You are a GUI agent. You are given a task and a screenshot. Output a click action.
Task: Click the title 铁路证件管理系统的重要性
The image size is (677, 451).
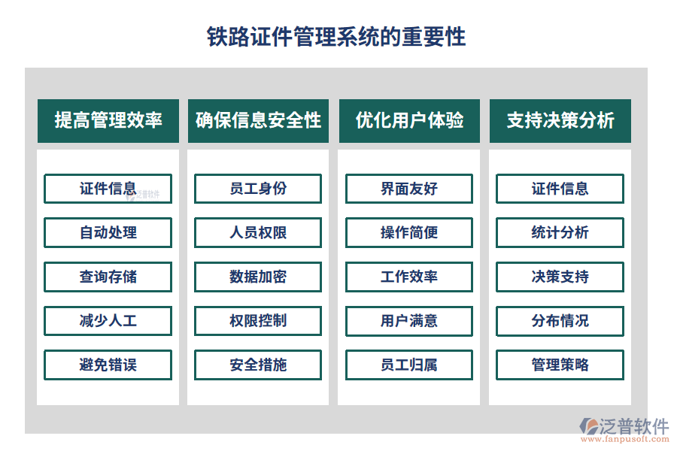tap(336, 37)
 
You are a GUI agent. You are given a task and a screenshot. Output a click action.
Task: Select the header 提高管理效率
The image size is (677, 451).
tap(108, 120)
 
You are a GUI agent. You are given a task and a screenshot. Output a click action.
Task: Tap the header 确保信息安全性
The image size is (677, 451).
tap(258, 120)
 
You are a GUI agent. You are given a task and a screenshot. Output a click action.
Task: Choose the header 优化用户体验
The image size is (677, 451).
tap(409, 120)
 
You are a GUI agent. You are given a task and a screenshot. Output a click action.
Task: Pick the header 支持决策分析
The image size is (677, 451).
tap(560, 120)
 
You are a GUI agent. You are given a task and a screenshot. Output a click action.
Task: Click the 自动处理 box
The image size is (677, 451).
tap(108, 233)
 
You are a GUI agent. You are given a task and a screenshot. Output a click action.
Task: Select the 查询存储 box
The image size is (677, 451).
tap(108, 277)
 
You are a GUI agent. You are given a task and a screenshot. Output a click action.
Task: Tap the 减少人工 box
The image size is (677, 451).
tap(108, 321)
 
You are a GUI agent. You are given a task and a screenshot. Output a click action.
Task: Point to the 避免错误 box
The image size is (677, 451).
tap(108, 365)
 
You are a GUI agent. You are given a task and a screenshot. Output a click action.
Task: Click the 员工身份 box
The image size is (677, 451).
tap(258, 189)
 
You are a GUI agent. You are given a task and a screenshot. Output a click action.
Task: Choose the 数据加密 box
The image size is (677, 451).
tap(258, 277)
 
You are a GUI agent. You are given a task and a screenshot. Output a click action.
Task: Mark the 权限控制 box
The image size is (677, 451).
tap(258, 321)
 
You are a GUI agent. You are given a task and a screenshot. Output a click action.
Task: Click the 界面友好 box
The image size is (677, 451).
tap(409, 189)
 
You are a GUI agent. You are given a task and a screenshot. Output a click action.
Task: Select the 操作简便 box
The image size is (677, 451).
tap(409, 233)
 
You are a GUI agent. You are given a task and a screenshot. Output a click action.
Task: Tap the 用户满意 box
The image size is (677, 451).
tap(409, 321)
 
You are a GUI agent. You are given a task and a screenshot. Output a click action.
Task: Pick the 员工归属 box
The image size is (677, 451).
tap(409, 365)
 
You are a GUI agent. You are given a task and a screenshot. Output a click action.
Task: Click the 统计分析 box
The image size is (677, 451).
tap(560, 233)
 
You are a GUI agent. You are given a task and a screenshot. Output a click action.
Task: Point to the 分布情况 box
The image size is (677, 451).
tap(560, 321)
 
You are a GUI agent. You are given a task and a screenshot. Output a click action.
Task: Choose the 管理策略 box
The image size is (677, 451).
tap(560, 365)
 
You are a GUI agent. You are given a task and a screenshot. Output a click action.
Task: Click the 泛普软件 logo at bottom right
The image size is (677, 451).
tap(624, 429)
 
